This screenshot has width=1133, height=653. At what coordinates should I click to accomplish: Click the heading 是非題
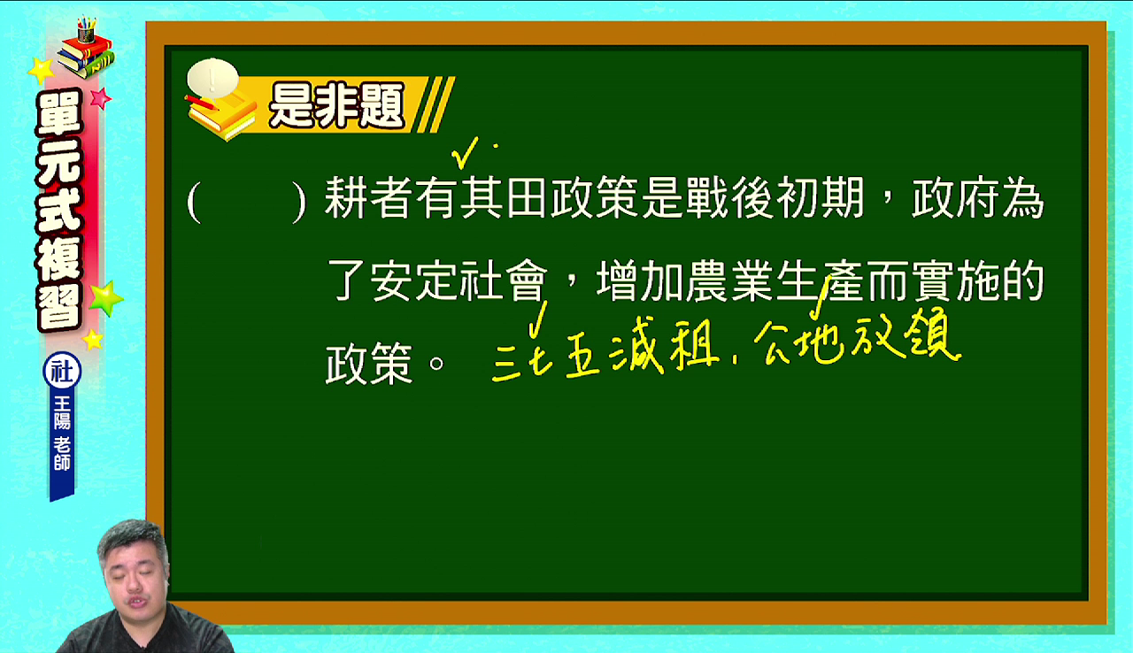coord(336,105)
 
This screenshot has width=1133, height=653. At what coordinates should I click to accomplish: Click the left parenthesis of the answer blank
coord(194,202)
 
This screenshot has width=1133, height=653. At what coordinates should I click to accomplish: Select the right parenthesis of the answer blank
coord(300,202)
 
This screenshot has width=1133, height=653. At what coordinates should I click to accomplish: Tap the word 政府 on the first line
coord(955,197)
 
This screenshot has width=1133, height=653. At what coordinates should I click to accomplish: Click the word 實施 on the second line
coord(955,280)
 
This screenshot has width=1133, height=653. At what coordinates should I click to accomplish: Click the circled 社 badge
coord(62,371)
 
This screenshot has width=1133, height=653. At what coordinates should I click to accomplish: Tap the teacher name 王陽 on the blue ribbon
coord(62,413)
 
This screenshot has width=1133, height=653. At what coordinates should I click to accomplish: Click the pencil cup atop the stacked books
coord(87,30)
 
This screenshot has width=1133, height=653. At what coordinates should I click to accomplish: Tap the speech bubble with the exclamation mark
coord(212,79)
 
